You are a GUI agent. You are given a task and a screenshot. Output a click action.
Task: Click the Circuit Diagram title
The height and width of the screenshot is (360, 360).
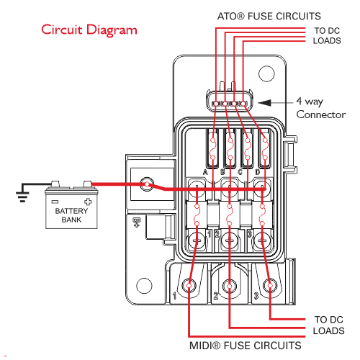[89, 30]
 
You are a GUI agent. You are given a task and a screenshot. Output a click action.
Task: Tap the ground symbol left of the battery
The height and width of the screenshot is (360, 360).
[22, 197]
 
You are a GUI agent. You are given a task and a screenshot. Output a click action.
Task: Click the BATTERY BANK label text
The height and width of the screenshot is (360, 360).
[71, 215]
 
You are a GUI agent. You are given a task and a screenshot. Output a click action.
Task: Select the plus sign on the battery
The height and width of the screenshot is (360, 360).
[88, 202]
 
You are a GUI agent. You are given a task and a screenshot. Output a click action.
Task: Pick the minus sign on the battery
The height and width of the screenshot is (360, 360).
[55, 202]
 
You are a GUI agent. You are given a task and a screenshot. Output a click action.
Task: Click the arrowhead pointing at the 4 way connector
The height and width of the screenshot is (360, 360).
[264, 103]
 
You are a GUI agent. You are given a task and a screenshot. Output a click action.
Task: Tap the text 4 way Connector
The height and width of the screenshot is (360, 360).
[321, 108]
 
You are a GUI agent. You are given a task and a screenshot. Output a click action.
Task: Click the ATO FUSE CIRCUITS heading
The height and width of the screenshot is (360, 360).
[269, 17]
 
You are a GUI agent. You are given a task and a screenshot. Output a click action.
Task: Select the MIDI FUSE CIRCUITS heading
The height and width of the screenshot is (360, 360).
[245, 346]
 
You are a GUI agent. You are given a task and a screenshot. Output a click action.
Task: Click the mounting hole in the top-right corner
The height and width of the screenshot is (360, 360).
[266, 73]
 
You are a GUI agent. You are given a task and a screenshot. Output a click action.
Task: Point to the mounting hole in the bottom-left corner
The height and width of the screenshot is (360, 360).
[144, 286]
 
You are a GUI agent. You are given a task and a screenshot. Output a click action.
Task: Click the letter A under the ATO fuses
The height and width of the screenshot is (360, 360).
[205, 172]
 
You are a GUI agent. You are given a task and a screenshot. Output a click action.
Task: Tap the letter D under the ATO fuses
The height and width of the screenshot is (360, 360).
[258, 172]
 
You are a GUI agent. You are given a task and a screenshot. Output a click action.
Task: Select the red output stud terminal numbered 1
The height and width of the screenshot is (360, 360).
[189, 286]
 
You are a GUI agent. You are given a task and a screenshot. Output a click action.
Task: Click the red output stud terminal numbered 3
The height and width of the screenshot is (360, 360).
[270, 286]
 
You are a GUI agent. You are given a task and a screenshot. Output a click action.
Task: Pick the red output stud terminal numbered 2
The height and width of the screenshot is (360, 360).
[230, 286]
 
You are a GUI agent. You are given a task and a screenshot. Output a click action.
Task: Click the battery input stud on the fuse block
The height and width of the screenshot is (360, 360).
[147, 184]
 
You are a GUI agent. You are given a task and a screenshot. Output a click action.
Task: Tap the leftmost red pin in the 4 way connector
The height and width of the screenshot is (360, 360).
[216, 104]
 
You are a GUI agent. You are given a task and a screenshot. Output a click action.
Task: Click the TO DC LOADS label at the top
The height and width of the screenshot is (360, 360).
[327, 35]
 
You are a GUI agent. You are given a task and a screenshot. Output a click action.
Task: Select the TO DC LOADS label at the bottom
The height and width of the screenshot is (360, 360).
[329, 325]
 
